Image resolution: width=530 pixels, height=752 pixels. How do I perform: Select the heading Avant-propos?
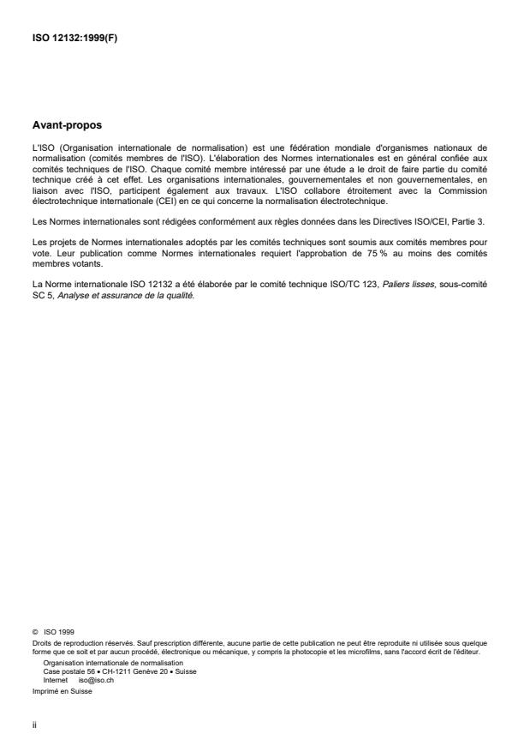coord(66,125)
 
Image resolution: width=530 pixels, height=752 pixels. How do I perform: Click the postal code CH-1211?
coord(117,670)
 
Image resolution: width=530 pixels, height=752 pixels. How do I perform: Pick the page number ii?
coord(35,725)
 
